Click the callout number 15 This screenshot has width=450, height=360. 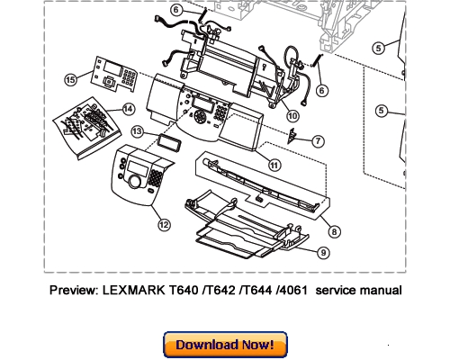[x=71, y=79]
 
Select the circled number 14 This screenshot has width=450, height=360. [x=129, y=109]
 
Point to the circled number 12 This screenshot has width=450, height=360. [x=163, y=223]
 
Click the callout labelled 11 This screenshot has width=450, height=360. [x=274, y=163]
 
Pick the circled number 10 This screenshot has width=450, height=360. [x=292, y=115]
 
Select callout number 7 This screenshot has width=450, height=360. [x=319, y=141]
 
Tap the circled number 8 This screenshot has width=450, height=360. [x=335, y=231]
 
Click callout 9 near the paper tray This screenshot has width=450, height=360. [x=323, y=254]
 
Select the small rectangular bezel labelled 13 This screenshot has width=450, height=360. [x=166, y=141]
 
